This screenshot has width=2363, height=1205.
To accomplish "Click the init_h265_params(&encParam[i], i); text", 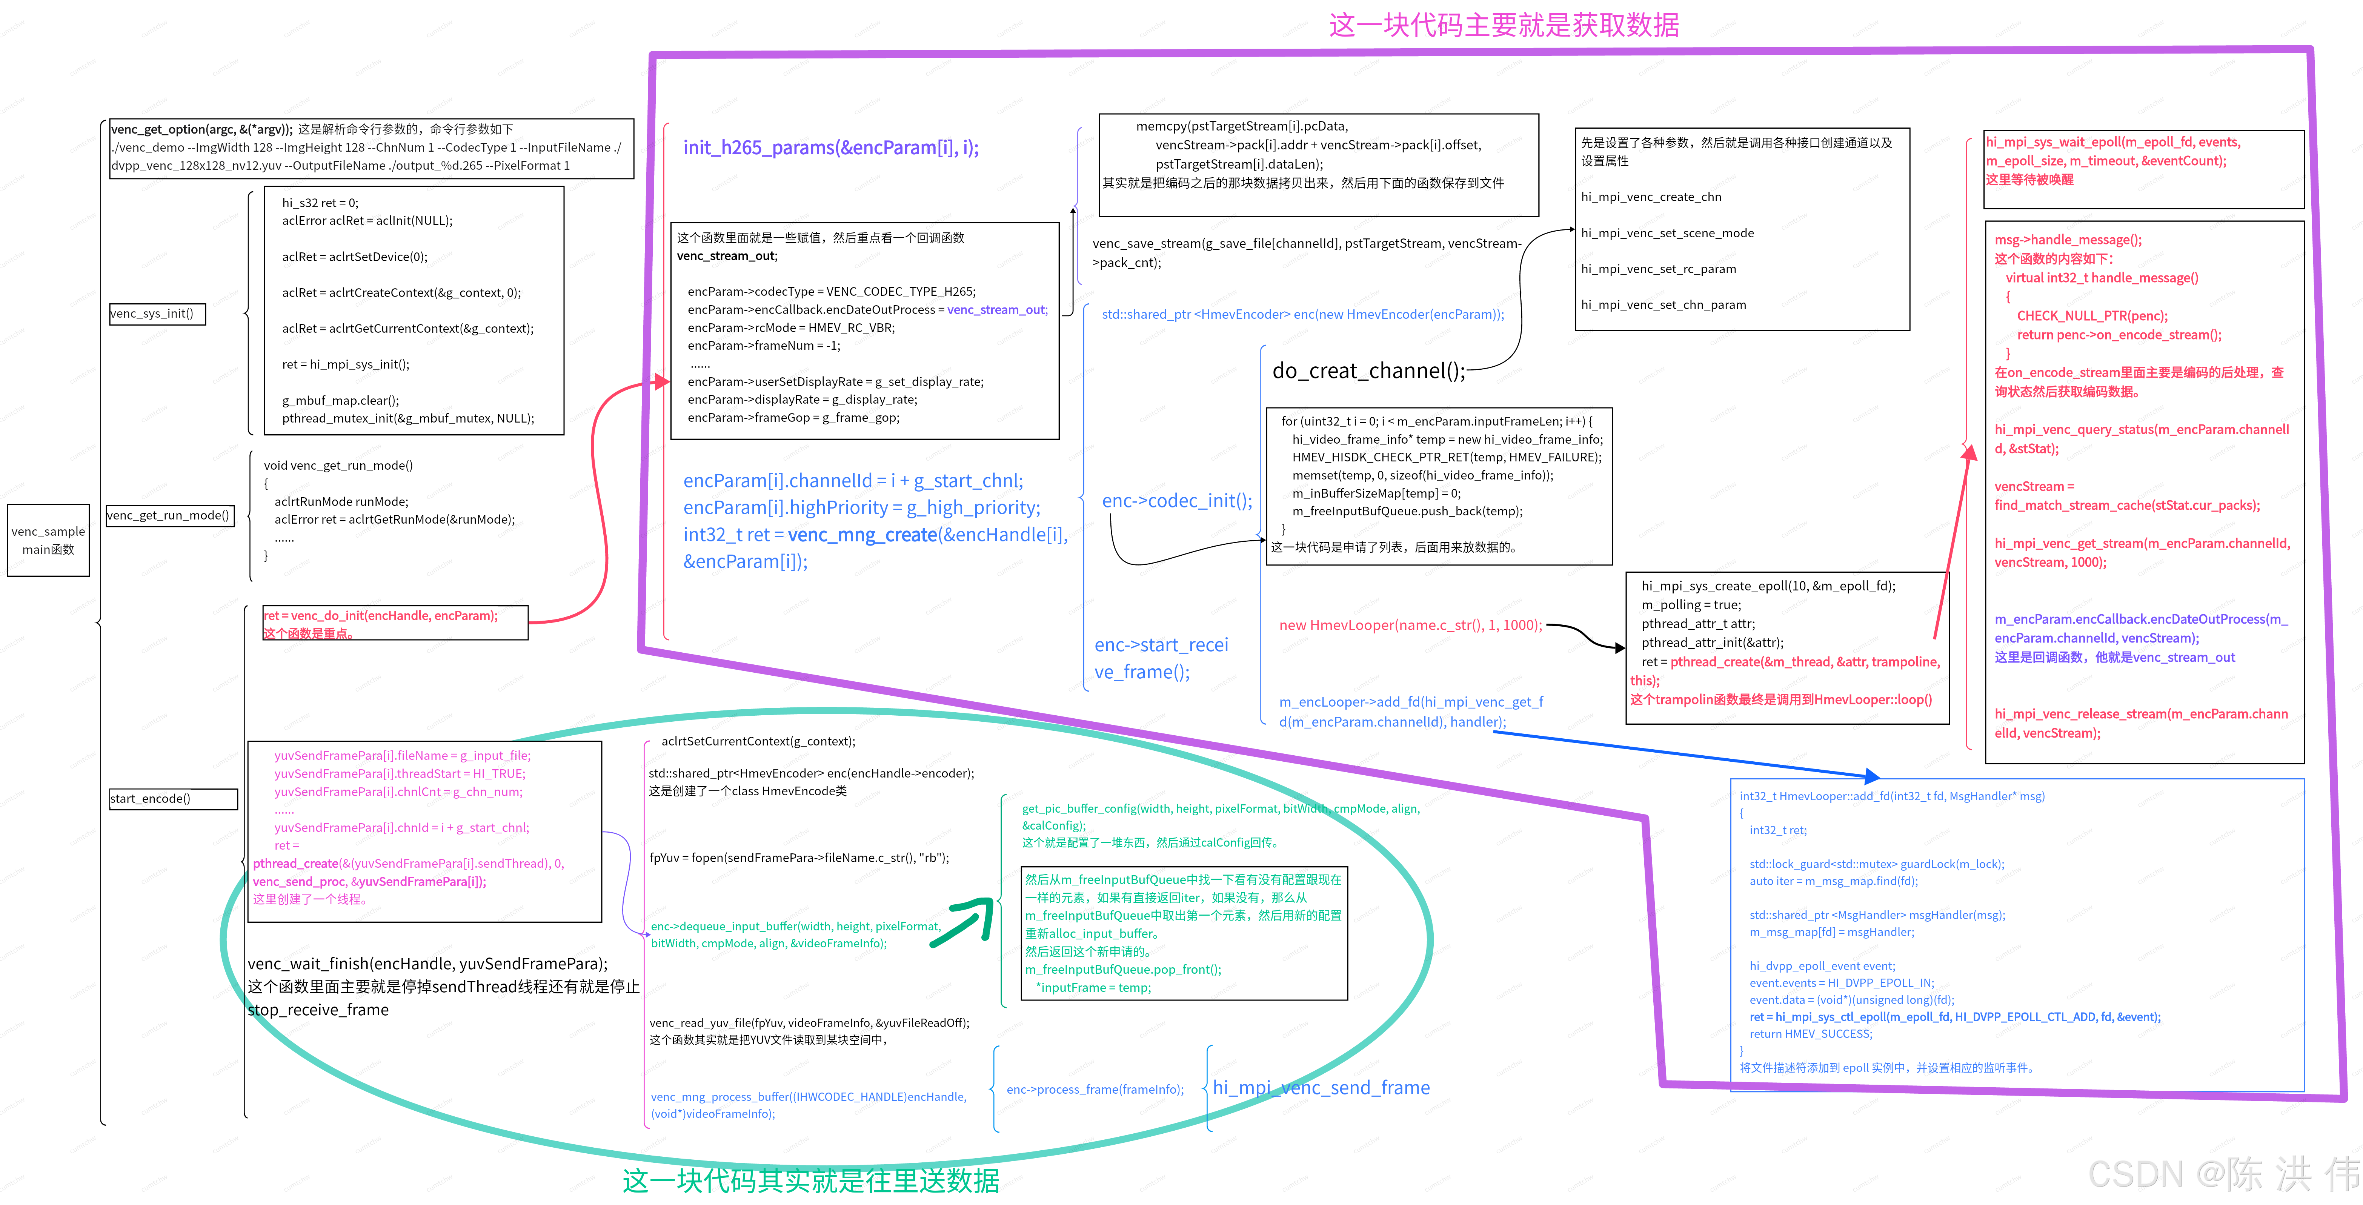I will [x=830, y=148].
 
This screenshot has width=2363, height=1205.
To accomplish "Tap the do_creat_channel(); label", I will [x=1368, y=370].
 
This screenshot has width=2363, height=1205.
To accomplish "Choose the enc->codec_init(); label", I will [x=1176, y=501].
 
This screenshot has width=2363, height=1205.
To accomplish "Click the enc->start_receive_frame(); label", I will [x=1161, y=658].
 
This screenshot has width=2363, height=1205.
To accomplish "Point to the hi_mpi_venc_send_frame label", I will [x=1321, y=1088].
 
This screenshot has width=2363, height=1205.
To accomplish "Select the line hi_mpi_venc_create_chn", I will [x=1650, y=197].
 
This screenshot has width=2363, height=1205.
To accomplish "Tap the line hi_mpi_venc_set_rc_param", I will [x=1657, y=269].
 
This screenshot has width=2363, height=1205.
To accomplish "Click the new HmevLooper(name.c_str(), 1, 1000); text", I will [x=1410, y=626].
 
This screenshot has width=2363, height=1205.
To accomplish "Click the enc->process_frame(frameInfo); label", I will [x=1095, y=1090].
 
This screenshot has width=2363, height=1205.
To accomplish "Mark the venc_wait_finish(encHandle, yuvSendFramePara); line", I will [x=427, y=964].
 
